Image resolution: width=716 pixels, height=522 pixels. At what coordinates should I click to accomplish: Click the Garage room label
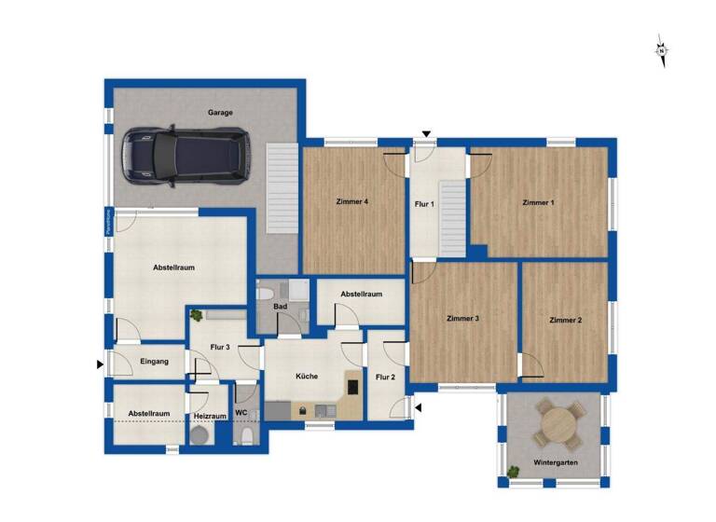click(x=221, y=113)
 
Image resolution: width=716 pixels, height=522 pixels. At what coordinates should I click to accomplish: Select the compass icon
click(x=661, y=50)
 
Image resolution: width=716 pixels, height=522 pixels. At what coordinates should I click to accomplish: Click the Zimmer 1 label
click(x=538, y=202)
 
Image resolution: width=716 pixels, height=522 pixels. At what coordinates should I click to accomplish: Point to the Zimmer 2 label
click(x=565, y=320)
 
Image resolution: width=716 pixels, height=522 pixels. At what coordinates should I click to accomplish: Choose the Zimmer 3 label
click(x=462, y=319)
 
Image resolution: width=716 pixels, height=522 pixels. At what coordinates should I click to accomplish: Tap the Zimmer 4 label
click(x=352, y=202)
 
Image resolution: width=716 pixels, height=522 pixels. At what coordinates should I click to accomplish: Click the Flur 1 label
click(x=424, y=203)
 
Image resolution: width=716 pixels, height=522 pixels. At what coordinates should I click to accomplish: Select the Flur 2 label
click(x=385, y=378)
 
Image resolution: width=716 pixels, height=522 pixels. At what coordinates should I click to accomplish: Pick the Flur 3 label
click(x=220, y=348)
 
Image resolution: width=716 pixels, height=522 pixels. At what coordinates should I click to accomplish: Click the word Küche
click(x=307, y=377)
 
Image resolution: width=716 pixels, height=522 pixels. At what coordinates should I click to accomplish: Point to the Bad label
click(x=280, y=307)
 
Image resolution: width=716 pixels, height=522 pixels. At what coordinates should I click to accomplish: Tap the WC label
click(x=241, y=413)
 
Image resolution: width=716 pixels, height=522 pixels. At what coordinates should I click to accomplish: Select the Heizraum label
click(x=210, y=416)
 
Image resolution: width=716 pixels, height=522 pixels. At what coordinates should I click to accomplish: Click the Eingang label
click(x=154, y=362)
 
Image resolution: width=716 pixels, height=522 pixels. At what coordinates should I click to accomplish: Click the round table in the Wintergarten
click(x=557, y=425)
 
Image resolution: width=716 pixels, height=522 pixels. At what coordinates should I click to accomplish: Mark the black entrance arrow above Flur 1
click(x=426, y=135)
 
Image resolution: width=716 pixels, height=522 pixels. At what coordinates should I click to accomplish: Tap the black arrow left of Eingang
click(x=101, y=364)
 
